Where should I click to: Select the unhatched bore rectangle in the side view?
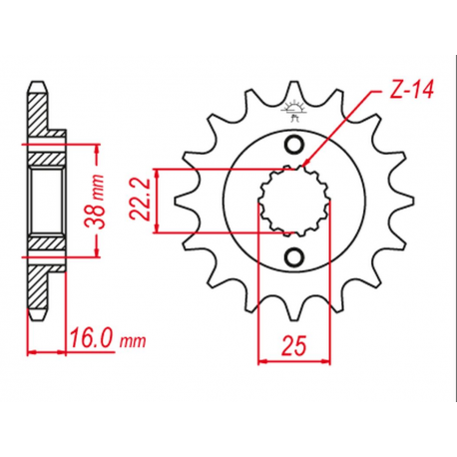tap(46, 202)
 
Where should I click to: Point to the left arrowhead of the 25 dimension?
tap(262, 359)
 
